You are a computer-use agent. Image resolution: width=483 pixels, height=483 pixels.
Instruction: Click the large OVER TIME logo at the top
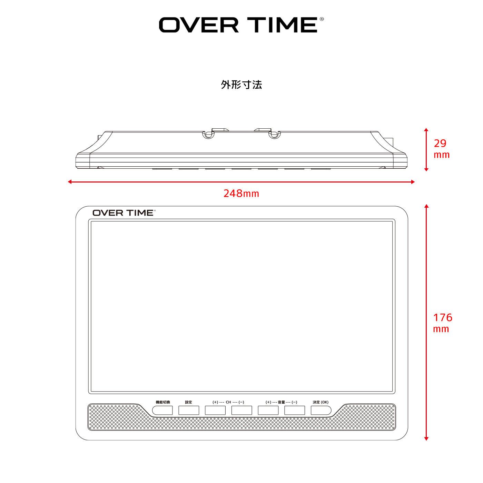238,25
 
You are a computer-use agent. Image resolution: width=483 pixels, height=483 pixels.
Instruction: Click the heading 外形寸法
241,85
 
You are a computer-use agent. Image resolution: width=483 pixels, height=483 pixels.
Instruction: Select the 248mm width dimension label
241,194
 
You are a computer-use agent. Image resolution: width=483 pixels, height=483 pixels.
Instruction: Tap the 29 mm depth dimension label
441,149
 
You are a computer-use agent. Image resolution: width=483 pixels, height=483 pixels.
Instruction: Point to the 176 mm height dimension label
442,323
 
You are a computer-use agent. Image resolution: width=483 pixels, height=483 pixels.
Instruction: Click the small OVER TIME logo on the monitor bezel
124,213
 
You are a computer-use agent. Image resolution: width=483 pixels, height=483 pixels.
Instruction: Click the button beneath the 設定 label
189,410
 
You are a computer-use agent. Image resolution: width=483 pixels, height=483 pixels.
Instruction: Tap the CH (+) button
215,410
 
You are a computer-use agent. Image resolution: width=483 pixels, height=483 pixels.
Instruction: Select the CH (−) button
242,410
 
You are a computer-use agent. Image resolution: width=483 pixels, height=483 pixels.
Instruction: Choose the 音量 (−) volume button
295,410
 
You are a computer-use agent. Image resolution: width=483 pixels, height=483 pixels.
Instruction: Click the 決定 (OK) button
321,410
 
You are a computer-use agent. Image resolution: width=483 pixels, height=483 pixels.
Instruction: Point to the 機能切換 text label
162,402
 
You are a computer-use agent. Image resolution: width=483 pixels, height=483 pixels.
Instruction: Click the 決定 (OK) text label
321,402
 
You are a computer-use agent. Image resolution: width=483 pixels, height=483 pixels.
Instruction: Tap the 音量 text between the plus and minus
281,402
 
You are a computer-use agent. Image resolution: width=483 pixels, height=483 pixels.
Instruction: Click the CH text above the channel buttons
228,402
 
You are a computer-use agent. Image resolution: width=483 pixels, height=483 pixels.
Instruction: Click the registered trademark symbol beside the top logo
322,20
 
